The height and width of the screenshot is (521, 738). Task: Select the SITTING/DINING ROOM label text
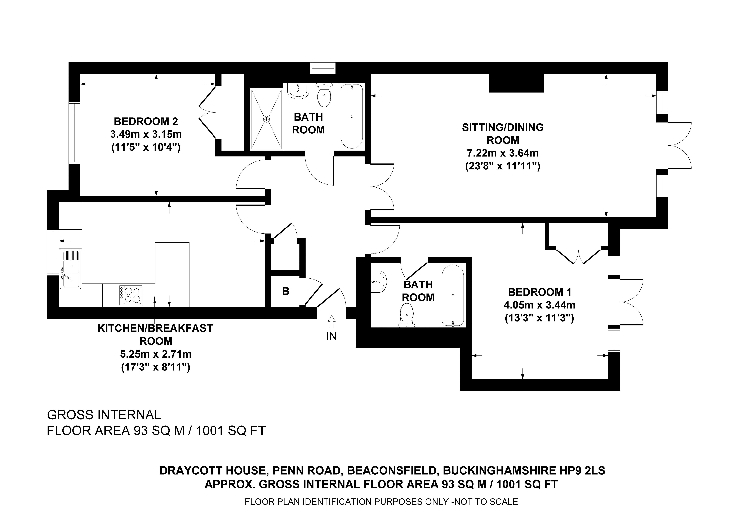click(503, 134)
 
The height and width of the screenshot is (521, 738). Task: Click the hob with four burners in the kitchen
click(130, 295)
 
